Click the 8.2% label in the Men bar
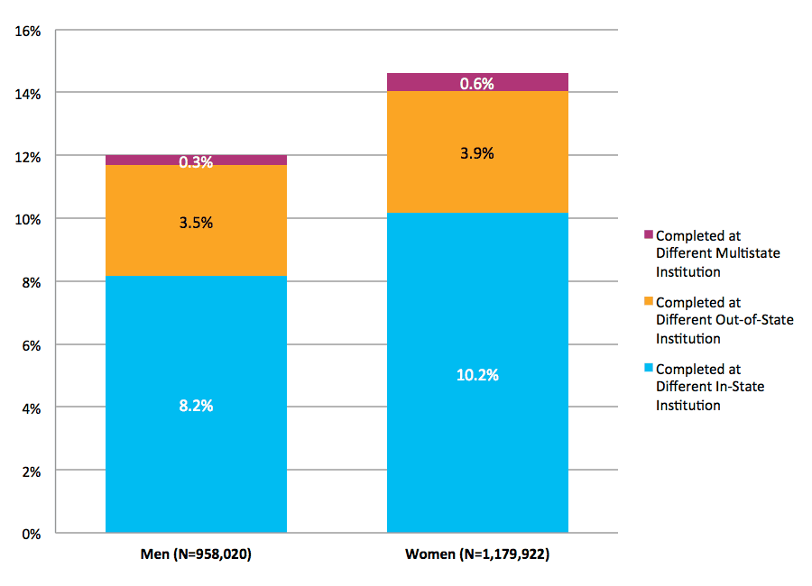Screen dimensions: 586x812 196,406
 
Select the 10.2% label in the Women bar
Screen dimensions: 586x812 477,375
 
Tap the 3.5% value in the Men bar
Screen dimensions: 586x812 196,223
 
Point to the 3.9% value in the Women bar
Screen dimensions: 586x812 477,153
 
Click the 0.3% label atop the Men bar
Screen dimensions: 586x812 196,162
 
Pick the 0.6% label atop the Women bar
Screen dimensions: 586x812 477,84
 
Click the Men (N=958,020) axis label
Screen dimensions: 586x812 196,554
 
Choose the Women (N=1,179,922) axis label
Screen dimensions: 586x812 477,554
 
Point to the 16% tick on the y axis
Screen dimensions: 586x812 28,31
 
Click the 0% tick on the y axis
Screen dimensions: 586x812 32,534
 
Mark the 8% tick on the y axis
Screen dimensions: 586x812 32,282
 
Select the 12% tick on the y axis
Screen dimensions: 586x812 28,157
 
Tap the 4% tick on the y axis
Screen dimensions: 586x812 32,408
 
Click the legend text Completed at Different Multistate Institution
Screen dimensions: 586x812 717,253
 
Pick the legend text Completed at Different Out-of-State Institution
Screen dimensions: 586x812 724,321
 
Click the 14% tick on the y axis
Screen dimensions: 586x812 28,94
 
